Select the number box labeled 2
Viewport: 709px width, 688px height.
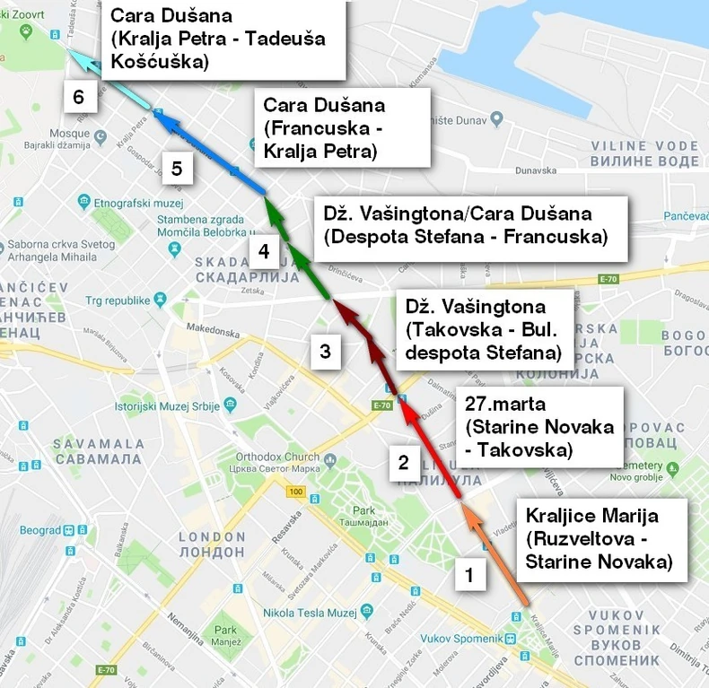pos(403,463)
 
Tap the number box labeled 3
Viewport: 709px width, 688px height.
pos(326,352)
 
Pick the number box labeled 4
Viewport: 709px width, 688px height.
pos(263,252)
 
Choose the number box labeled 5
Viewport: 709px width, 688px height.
pos(177,168)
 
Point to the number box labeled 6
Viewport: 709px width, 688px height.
pos(79,97)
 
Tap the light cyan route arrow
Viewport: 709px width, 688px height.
pos(111,82)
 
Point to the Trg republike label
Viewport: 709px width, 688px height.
pos(115,298)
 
